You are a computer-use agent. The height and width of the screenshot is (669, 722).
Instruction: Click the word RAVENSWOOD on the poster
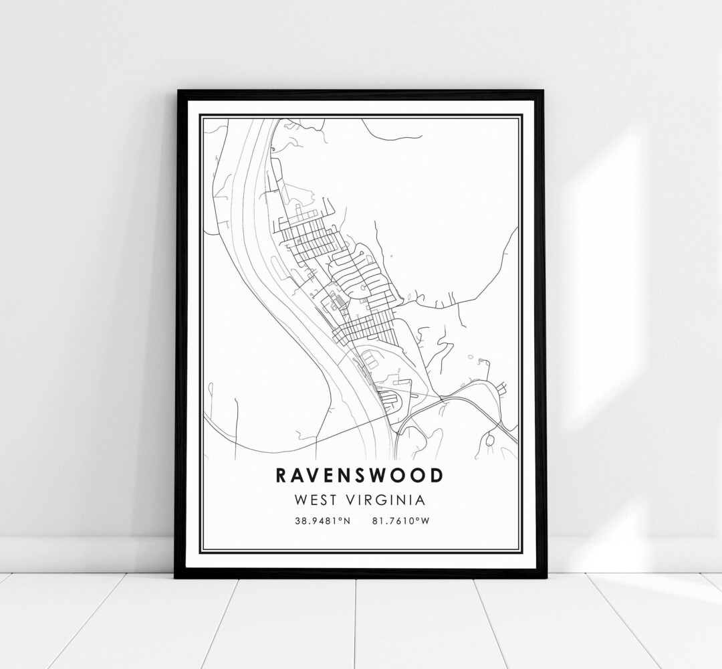pyautogui.click(x=359, y=476)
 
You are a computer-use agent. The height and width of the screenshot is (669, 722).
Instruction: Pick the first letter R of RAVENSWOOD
pyautogui.click(x=281, y=476)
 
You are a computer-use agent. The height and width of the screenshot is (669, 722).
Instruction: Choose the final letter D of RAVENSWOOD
pyautogui.click(x=437, y=476)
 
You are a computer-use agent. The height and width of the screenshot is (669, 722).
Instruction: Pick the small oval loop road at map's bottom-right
pyautogui.click(x=491, y=440)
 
